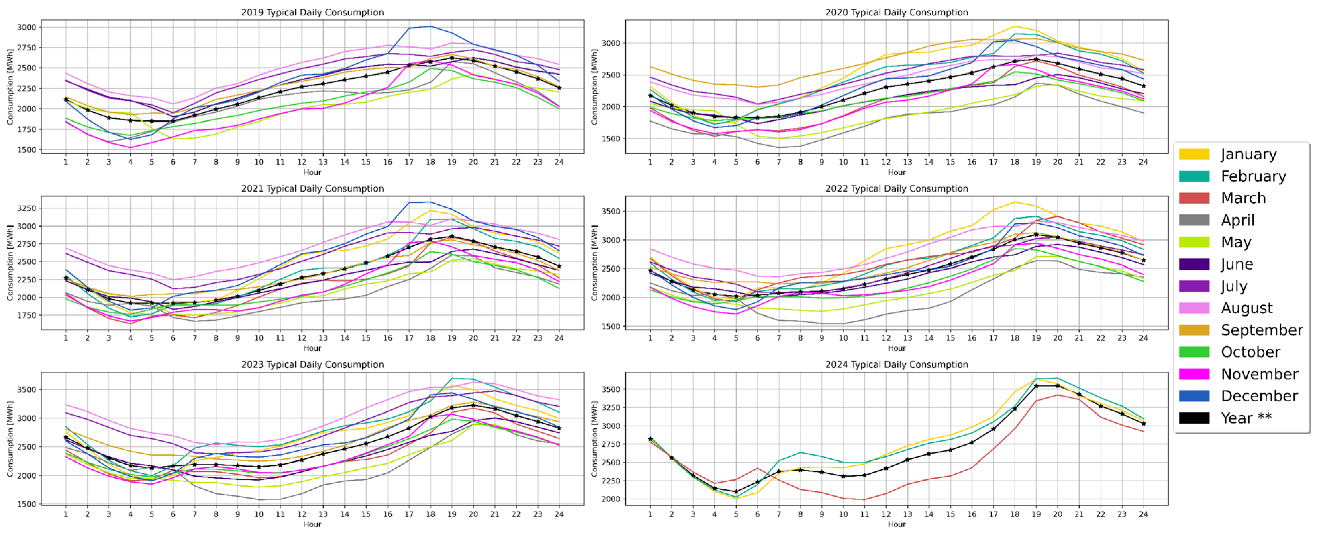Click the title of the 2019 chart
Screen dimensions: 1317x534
[x=312, y=12]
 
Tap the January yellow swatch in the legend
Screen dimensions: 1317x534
[x=1194, y=154]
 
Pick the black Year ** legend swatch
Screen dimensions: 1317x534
[x=1194, y=418]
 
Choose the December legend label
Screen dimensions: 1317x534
[x=1259, y=396]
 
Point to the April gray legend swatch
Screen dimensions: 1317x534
[x=1194, y=220]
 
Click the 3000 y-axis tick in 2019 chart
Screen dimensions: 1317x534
[x=27, y=27]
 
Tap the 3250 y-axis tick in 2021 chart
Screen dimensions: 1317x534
[x=27, y=208]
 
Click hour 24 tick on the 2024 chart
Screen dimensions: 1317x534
[x=1143, y=514]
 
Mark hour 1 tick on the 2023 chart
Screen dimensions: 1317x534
[x=66, y=514]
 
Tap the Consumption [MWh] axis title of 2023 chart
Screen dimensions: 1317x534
[x=10, y=439]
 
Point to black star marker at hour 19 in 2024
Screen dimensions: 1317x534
[x=1036, y=386]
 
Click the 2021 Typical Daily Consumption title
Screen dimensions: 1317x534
[x=312, y=188]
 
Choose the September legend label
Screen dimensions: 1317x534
[x=1262, y=330]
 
